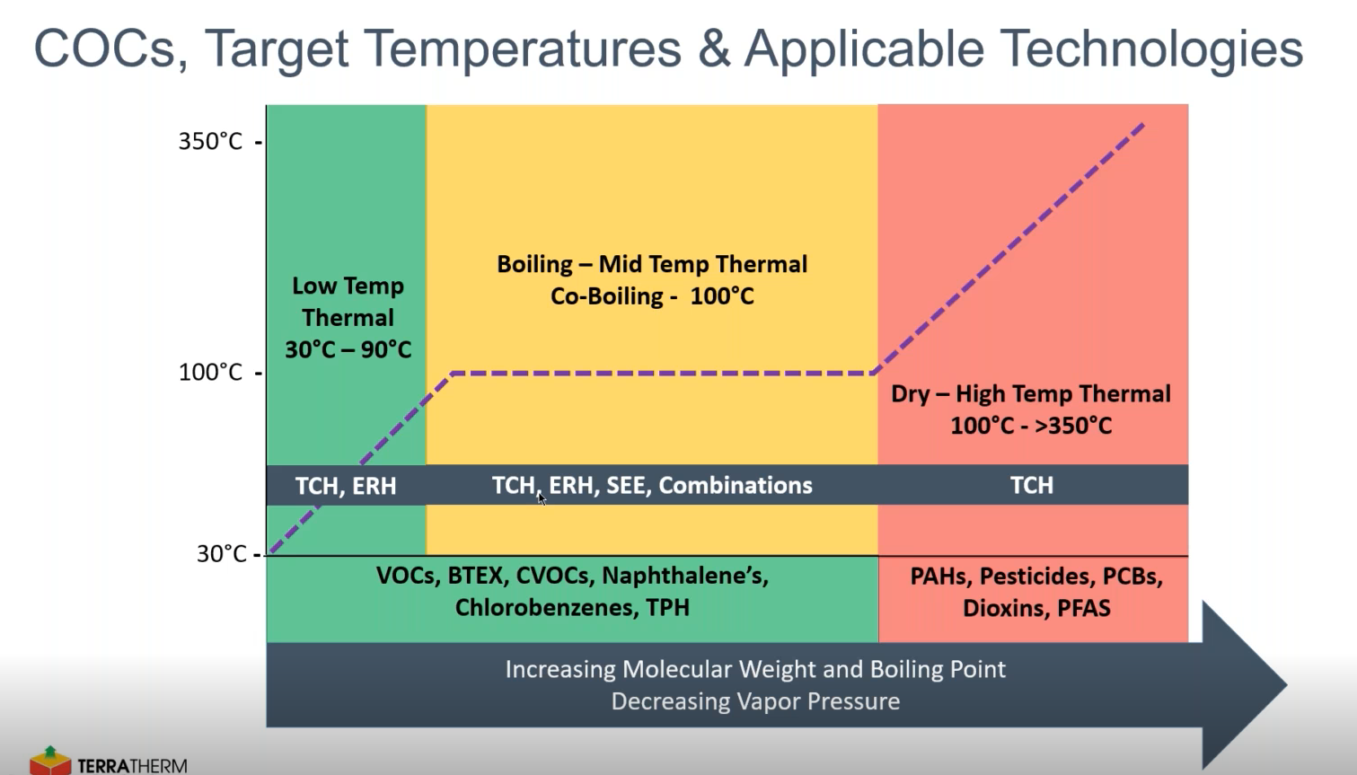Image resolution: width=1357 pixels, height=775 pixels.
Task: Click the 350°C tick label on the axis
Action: point(210,142)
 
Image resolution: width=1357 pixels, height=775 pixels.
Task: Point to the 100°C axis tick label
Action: point(210,373)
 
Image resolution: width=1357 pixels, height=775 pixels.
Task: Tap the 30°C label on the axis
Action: point(221,554)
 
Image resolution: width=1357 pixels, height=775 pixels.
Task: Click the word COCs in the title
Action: point(104,48)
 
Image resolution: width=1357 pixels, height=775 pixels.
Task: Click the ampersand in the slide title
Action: point(714,48)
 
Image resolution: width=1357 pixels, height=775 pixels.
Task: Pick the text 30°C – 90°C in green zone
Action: point(348,349)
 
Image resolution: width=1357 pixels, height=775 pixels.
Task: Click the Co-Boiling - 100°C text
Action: point(652,296)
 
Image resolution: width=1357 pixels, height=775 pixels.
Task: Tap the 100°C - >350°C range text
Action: point(1031,426)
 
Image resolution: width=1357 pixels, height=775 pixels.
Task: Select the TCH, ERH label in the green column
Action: point(346,486)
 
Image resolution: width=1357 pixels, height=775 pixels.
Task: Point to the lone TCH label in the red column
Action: point(1032,486)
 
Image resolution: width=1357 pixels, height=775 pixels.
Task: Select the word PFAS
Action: point(1084,609)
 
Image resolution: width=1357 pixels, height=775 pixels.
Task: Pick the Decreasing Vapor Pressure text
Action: point(755,701)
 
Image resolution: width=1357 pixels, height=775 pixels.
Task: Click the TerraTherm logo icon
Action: point(50,761)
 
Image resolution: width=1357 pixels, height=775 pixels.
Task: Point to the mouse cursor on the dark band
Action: point(542,498)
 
